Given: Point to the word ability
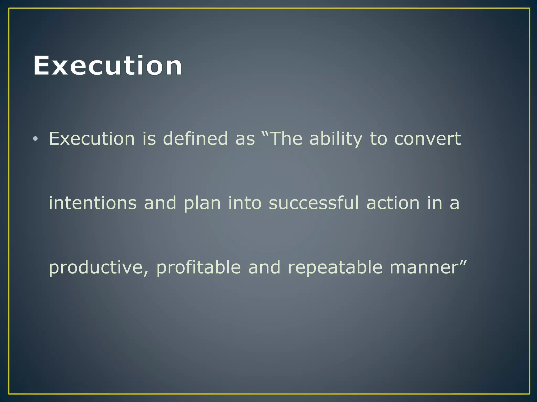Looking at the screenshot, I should click(x=336, y=139).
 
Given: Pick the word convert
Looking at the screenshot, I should click(x=427, y=139).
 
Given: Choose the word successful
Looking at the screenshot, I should click(x=314, y=203).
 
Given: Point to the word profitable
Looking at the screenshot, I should click(x=198, y=267).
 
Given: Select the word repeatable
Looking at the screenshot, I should click(x=335, y=267).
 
